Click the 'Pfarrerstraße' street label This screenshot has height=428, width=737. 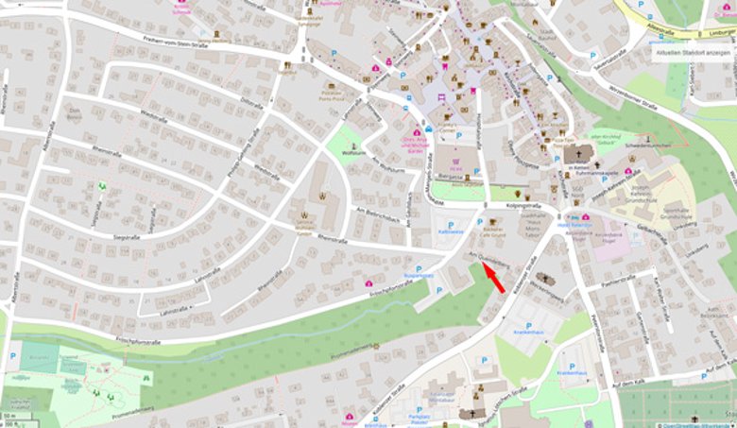point(596,327)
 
